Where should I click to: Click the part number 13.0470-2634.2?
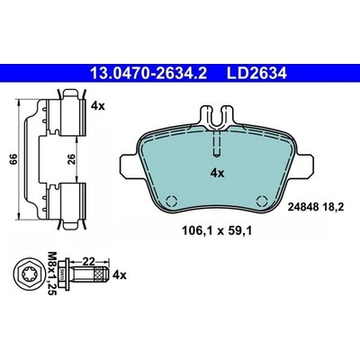tap(148, 73)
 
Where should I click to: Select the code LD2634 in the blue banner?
tap(256, 73)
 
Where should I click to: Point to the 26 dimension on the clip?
tap(72, 158)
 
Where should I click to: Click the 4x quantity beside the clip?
tap(98, 106)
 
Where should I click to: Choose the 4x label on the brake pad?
tap(217, 173)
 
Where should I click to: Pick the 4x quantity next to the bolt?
tap(120, 274)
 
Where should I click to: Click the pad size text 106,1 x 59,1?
tap(217, 230)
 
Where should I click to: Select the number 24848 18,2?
tap(315, 207)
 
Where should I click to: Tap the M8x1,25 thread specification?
tap(52, 274)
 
